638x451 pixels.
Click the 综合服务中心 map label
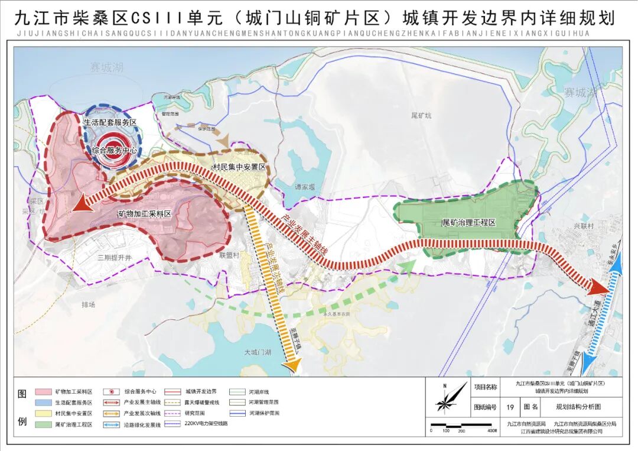point(114,151)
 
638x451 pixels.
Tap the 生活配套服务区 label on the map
point(110,122)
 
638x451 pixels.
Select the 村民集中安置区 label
point(239,168)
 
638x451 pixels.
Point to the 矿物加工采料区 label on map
point(144,215)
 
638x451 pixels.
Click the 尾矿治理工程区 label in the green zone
point(468,223)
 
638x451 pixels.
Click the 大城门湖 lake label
point(258,352)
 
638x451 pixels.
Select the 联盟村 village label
point(229,255)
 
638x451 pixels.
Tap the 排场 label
point(88,304)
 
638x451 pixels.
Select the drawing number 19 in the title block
point(509,407)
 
